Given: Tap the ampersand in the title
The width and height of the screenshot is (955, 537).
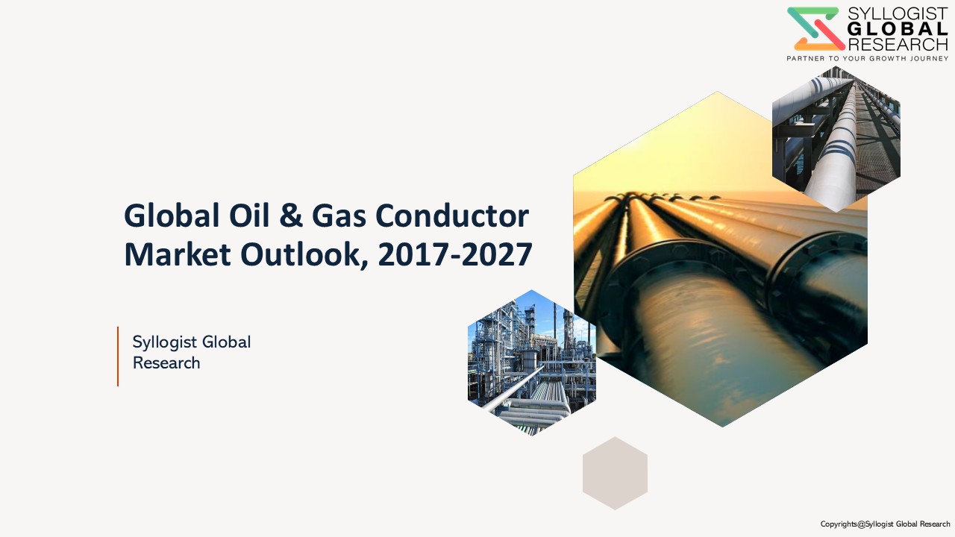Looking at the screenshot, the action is [291, 216].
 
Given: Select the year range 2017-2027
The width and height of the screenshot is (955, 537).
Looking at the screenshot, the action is [455, 254].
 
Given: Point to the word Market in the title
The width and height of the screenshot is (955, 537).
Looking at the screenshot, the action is [178, 254].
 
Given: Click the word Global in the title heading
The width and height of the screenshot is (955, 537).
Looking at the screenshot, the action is [172, 216].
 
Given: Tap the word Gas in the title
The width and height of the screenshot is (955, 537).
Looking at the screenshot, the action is [339, 216].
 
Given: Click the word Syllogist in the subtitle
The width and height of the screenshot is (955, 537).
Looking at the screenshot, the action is [165, 342].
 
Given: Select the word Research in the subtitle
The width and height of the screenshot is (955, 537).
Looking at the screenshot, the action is [166, 363].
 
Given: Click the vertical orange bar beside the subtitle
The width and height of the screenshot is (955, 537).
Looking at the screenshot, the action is [118, 357].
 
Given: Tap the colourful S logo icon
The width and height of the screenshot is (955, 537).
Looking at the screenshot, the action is [816, 28].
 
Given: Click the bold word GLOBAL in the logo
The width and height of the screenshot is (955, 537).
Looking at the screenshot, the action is [898, 29].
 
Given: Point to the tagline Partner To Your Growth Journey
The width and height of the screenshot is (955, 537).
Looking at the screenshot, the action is [867, 58].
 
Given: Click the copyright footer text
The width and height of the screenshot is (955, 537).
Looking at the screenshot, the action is [885, 524].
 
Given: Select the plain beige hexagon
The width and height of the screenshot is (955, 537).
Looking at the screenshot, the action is [615, 473].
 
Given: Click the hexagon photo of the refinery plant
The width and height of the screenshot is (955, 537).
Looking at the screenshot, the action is [532, 362].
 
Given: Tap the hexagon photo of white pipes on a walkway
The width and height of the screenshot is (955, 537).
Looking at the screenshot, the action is [836, 139].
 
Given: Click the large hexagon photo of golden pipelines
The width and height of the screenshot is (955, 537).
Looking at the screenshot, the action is [721, 259].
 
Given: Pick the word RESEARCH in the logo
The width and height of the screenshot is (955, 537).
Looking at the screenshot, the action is [898, 44].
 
